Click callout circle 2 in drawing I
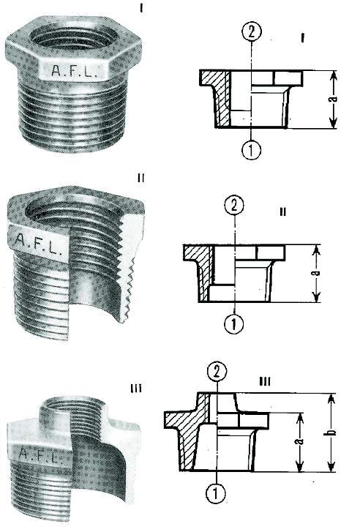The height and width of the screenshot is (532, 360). (x=250, y=31)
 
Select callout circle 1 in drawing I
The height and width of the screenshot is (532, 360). (x=250, y=148)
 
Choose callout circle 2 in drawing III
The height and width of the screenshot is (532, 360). (x=216, y=371)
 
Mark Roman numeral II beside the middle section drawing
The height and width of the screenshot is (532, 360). (x=282, y=211)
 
